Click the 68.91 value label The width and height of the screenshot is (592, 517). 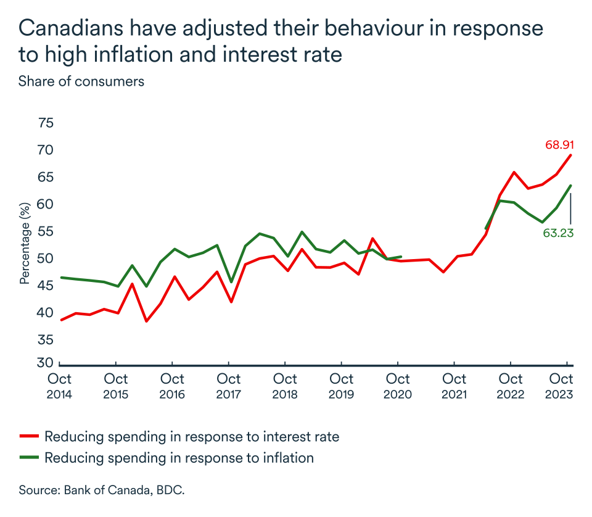coord(559,145)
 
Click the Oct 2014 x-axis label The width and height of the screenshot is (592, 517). coord(60,386)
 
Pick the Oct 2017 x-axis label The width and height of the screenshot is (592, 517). coord(229,386)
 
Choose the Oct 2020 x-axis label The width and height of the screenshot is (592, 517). coord(398,386)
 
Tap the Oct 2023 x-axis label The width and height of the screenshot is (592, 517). coord(561,386)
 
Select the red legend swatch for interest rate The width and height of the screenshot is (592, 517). coord(29,437)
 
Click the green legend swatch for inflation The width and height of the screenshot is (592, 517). coord(29,458)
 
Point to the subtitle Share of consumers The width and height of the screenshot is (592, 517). coord(81,81)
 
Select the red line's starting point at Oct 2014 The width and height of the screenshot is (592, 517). coord(61,320)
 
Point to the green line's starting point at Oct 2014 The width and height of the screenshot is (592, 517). coord(61,278)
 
